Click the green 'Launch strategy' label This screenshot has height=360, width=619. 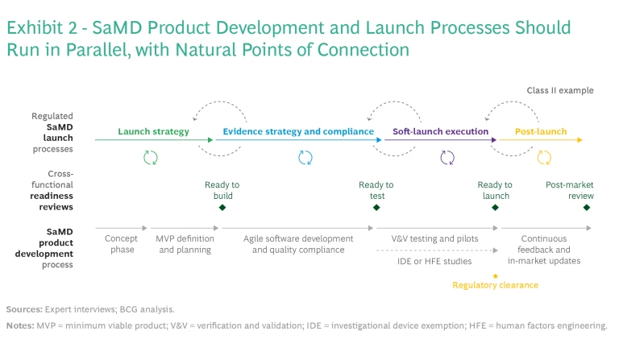[x=153, y=131]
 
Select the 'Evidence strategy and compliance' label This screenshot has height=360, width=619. [x=298, y=131]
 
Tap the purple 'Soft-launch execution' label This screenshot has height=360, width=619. [x=440, y=131]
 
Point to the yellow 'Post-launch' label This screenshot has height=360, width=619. [x=541, y=131]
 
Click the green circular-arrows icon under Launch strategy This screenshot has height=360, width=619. [x=151, y=157]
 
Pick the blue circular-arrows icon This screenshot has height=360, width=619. [x=305, y=157]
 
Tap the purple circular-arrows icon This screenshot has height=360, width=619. [x=447, y=157]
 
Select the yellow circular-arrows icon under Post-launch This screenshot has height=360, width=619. [x=544, y=157]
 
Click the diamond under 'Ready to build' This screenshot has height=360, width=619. [x=222, y=207]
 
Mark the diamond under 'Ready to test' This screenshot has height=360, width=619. [x=376, y=207]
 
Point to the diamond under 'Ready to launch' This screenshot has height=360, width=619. [x=495, y=207]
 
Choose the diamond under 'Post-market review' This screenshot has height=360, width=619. [x=587, y=207]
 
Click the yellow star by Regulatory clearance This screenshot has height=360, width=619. [x=495, y=275]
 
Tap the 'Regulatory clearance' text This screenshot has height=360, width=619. [x=495, y=285]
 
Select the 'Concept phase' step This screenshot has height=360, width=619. [x=121, y=244]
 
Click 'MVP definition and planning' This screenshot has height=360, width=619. [x=185, y=244]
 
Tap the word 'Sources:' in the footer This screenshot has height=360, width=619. [x=24, y=309]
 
